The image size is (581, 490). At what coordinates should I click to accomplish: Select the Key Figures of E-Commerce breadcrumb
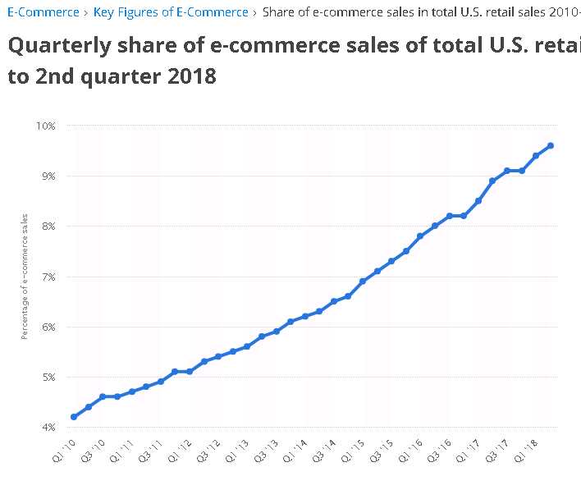point(171,12)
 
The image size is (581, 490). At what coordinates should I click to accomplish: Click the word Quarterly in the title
point(58,45)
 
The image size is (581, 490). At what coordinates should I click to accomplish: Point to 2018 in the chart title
point(193,76)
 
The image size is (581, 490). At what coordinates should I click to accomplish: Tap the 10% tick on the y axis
point(45,126)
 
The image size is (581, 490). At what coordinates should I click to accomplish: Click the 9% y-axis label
point(48,176)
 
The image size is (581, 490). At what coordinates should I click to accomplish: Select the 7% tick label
point(48,277)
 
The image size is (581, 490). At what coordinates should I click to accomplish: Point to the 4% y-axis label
point(48,428)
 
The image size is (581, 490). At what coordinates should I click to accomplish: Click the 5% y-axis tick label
point(48,378)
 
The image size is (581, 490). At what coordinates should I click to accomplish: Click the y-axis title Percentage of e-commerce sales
point(25,277)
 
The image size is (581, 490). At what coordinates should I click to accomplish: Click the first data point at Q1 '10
point(74,417)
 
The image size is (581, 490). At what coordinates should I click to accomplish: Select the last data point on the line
point(551,145)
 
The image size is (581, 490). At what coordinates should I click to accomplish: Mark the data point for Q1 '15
point(363,281)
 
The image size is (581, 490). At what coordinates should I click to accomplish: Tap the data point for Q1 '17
point(478,200)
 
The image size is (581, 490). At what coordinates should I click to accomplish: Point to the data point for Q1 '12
point(190,372)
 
